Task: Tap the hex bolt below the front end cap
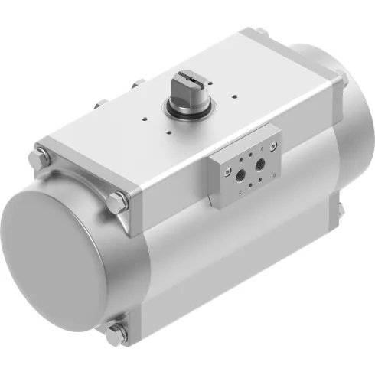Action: [118, 331]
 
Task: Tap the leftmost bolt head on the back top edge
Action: [99, 105]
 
